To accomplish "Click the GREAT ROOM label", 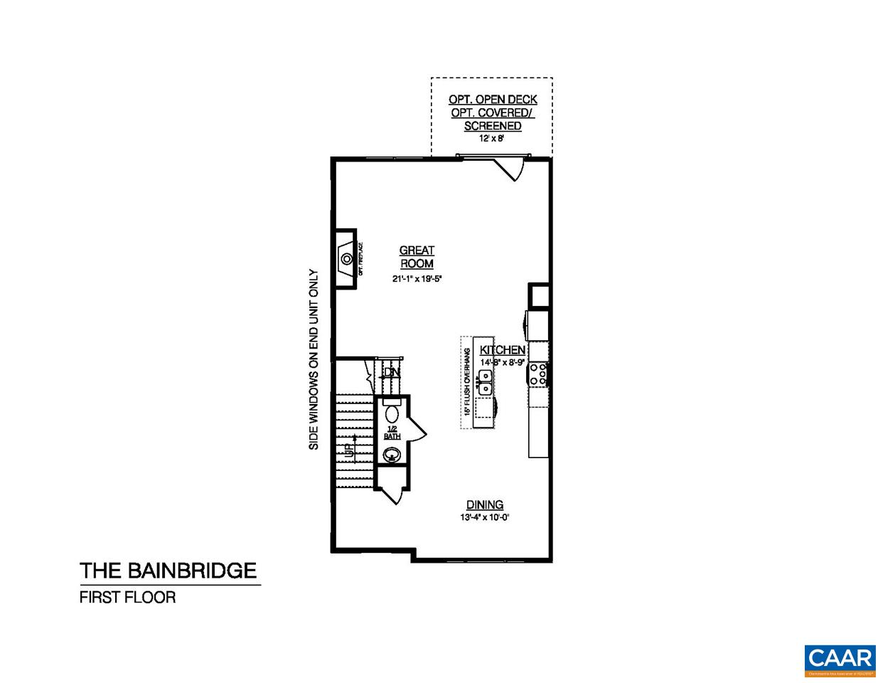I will [417, 257].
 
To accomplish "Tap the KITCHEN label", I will [503, 350].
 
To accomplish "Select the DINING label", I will [485, 505].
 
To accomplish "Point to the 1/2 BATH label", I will [392, 431].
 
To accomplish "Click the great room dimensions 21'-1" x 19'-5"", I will [417, 279].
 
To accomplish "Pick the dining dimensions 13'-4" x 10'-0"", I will [485, 518].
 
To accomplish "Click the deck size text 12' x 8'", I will [492, 139].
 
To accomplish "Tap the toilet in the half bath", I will [392, 414].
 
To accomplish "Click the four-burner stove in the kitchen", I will [539, 374].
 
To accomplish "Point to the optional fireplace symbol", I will [346, 258].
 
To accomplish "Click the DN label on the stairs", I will [390, 372].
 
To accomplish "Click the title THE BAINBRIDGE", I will [168, 571].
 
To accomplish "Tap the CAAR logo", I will [840, 659].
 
